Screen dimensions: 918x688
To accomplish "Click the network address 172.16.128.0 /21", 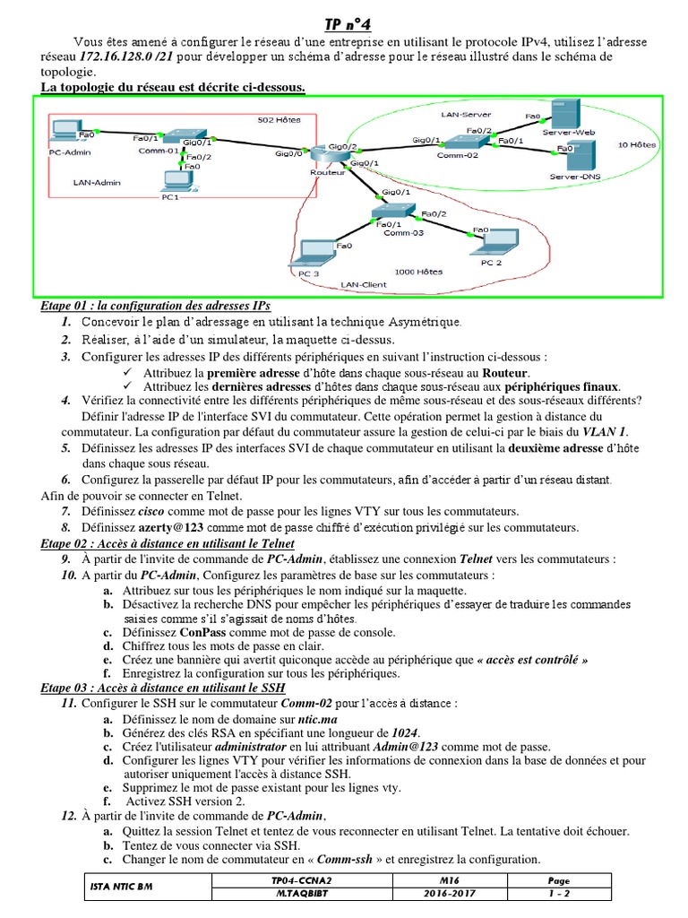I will pos(125,56).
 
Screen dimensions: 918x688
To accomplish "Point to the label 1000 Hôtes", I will pos(418,270).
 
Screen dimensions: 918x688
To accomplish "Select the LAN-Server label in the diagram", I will pos(466,114).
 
